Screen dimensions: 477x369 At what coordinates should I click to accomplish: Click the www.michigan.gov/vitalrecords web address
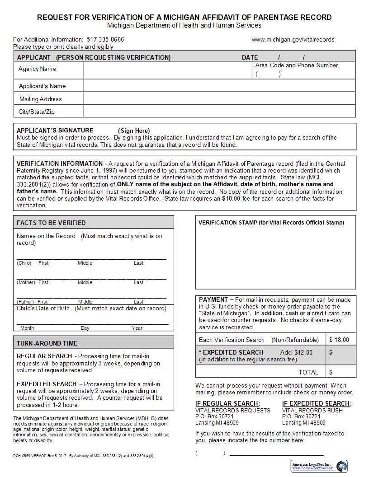(293, 39)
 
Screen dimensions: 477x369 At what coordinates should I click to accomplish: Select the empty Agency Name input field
(168, 70)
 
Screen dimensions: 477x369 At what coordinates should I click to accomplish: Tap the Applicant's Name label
(42, 86)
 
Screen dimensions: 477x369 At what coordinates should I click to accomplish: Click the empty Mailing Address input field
(219, 99)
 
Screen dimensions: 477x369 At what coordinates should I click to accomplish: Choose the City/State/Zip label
(36, 112)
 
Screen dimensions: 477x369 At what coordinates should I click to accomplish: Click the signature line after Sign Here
(238, 131)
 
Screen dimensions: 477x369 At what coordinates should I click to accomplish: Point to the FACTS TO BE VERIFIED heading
(51, 223)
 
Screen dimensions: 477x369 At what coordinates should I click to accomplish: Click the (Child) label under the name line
(24, 263)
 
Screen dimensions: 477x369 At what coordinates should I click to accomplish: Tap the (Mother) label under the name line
(26, 282)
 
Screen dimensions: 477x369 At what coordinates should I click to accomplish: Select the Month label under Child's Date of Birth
(27, 328)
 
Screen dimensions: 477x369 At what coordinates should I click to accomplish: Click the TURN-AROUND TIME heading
(47, 343)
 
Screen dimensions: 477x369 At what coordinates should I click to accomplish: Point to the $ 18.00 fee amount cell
(340, 340)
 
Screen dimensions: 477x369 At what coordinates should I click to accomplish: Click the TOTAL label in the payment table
(308, 372)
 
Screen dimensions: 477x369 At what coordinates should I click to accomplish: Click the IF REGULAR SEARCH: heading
(228, 403)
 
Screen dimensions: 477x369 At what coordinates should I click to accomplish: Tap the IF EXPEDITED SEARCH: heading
(317, 403)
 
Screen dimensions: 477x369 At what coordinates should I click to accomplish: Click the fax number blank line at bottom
(277, 453)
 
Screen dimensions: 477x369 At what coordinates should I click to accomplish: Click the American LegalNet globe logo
(341, 466)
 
